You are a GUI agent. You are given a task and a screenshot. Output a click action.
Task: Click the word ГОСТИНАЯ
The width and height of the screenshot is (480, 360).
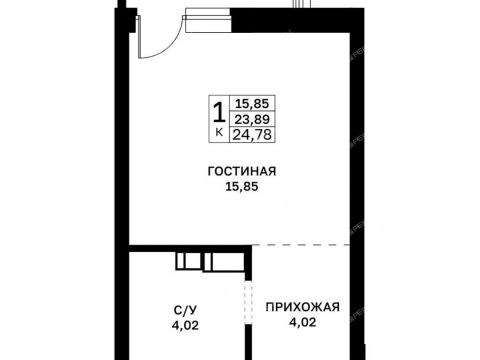pos(242,171)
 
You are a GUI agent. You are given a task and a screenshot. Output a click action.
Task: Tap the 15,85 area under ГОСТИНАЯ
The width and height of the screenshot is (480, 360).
pos(242,187)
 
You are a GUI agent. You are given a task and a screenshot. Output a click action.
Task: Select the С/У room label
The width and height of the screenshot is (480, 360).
pos(185,310)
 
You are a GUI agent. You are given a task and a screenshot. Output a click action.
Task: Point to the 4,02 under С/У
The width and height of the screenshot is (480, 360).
pos(185,325)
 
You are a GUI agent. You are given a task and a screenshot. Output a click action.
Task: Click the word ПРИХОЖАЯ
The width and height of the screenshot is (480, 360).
pos(302,307)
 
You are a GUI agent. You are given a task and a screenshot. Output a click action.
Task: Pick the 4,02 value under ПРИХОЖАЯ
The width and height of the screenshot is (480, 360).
pos(302,322)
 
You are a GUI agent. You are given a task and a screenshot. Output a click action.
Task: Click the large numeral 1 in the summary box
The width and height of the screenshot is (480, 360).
pos(219,113)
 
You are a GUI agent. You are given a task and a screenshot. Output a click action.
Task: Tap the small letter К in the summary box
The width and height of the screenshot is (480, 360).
pos(219,133)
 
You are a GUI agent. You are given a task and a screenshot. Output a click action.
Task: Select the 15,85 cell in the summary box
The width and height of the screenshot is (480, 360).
pos(252,103)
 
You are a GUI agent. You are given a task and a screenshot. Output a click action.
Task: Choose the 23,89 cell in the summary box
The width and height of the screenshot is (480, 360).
pos(252,119)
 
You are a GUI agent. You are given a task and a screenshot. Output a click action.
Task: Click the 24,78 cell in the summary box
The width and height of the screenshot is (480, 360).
pos(252,135)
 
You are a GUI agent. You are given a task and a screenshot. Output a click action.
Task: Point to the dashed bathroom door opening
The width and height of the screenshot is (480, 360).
pos(248,303)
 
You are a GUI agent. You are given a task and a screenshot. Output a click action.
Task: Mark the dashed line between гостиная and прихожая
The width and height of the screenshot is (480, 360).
pos(301,245)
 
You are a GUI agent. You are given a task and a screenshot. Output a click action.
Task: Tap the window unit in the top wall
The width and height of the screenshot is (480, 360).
pos(207,20)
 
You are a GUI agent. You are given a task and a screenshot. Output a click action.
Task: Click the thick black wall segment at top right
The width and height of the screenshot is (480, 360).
pos(297,20)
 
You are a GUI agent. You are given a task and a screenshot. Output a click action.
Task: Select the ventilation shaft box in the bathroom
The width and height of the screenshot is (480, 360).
pos(210,261)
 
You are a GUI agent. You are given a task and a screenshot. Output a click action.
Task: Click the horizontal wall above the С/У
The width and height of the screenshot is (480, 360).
pos(190,248)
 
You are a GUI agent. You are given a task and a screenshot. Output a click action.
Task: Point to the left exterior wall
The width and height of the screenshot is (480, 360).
pos(122,184)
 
